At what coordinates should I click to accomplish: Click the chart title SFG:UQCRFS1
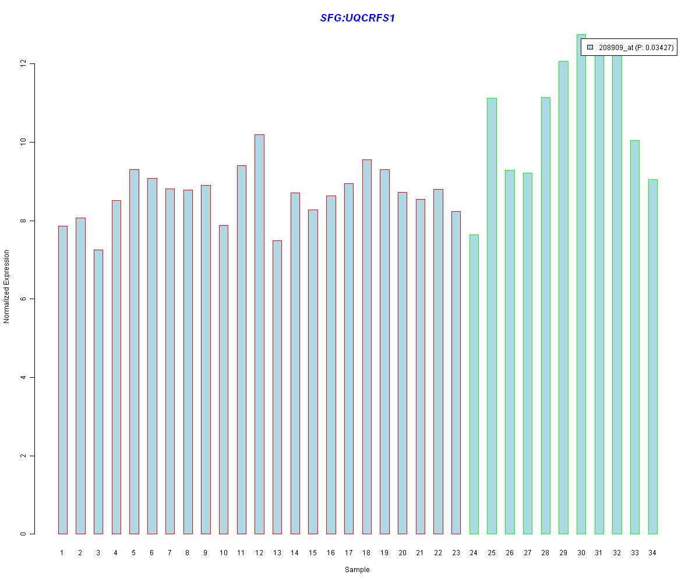pyautogui.click(x=358, y=18)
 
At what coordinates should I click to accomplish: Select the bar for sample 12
pyautogui.click(x=259, y=334)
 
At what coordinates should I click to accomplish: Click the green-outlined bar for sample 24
pyautogui.click(x=474, y=384)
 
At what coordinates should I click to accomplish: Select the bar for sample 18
pyautogui.click(x=367, y=347)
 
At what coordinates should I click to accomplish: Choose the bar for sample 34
pyautogui.click(x=653, y=357)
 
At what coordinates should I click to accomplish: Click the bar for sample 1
pyautogui.click(x=63, y=380)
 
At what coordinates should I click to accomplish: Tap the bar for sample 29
pyautogui.click(x=563, y=297)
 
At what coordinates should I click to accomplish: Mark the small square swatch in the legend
pyautogui.click(x=590, y=47)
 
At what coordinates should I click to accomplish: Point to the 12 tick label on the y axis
pyautogui.click(x=24, y=63)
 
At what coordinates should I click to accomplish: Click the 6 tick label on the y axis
pyautogui.click(x=24, y=299)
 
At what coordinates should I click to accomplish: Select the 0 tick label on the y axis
pyautogui.click(x=24, y=534)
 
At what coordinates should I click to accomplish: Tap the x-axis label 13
pyautogui.click(x=277, y=553)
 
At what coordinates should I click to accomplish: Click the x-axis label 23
pyautogui.click(x=456, y=553)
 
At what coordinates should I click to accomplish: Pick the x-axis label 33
pyautogui.click(x=635, y=553)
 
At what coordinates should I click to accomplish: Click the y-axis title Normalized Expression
pyautogui.click(x=7, y=286)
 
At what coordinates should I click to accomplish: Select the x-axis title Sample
pyautogui.click(x=357, y=570)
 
